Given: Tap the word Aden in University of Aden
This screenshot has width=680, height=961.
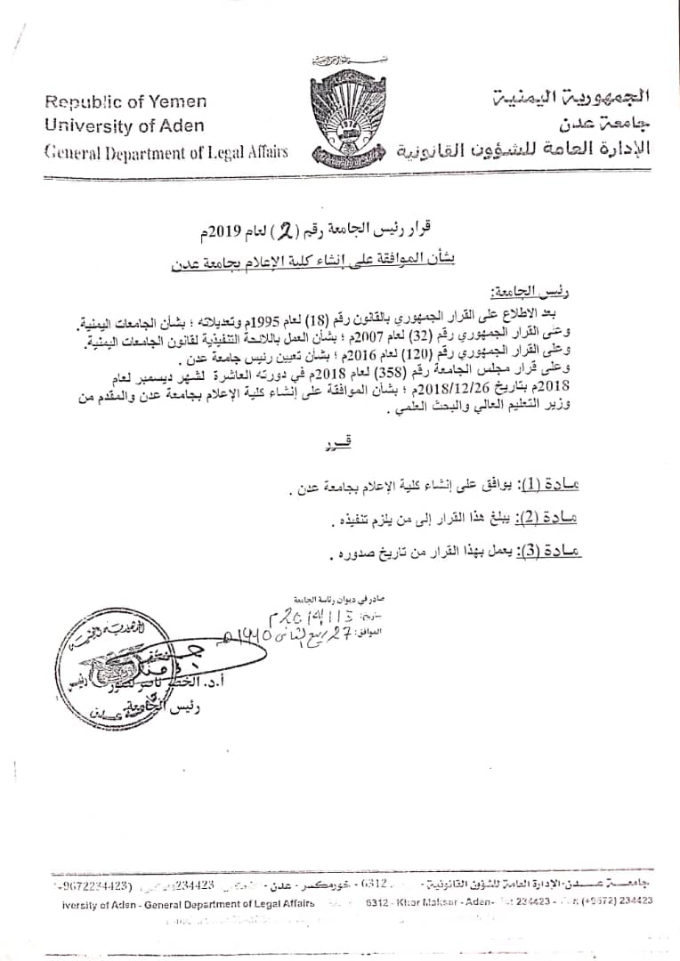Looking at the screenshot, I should pos(183,125).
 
